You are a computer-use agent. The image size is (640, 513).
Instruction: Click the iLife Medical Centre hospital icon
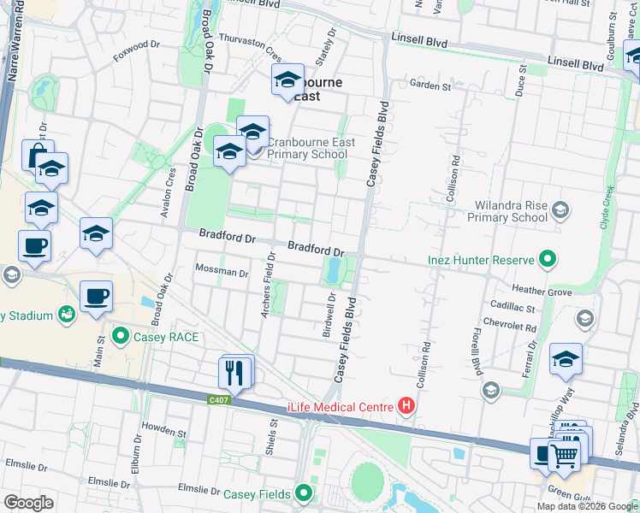(x=406, y=406)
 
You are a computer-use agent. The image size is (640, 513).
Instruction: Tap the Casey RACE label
(x=166, y=337)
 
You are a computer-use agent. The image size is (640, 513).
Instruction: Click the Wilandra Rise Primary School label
(x=507, y=212)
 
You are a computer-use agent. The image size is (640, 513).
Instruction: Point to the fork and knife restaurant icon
(x=235, y=372)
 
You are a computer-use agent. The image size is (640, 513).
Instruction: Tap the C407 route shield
(x=219, y=398)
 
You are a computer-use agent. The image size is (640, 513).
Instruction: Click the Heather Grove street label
(x=542, y=292)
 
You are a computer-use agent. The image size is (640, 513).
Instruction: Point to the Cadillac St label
(x=513, y=307)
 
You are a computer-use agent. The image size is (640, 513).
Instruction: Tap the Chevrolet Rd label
(x=510, y=327)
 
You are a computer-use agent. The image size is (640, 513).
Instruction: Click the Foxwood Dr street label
(x=137, y=50)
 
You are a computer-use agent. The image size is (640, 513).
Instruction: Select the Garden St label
(x=430, y=86)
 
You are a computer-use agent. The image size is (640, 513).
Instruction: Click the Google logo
(x=28, y=503)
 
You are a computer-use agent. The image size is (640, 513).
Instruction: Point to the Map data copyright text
(x=587, y=506)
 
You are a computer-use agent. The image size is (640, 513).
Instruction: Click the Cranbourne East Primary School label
(x=307, y=148)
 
